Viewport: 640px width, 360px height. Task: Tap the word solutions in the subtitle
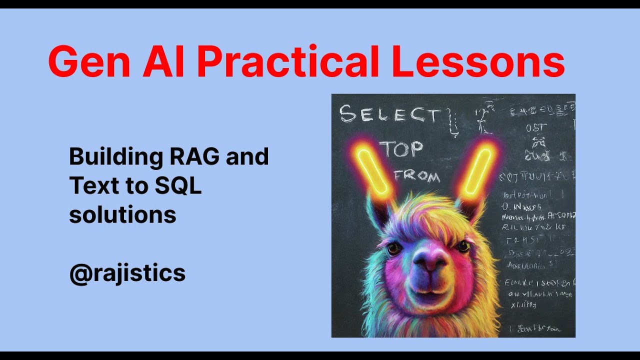pyautogui.click(x=122, y=214)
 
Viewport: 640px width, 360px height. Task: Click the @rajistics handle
pyautogui.click(x=127, y=274)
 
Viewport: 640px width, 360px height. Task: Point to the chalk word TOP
pyautogui.click(x=401, y=149)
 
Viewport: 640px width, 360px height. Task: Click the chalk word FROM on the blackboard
pyautogui.click(x=417, y=176)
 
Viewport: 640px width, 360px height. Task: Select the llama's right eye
pyautogui.click(x=463, y=246)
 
